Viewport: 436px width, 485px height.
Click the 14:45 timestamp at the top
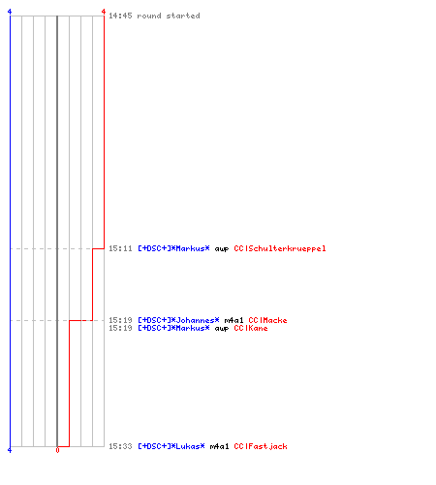click(x=120, y=16)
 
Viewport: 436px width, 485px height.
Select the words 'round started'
click(x=169, y=16)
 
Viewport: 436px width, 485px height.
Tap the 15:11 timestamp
click(x=120, y=248)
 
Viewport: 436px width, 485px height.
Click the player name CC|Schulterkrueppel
click(x=280, y=248)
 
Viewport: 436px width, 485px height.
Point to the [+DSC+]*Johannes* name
click(x=178, y=320)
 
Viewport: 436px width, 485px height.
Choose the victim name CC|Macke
click(x=267, y=320)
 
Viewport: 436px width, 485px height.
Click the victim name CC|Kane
click(x=251, y=328)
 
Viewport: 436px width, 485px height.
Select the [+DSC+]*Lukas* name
click(x=171, y=446)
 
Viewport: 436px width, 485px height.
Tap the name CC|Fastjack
click(x=261, y=446)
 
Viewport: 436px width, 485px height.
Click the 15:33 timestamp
click(x=120, y=446)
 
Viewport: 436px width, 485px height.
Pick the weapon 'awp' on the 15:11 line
click(x=222, y=249)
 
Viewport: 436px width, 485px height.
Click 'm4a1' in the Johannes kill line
click(x=234, y=320)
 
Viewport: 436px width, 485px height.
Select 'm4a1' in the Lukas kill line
click(x=219, y=446)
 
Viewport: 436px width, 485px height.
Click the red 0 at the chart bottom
click(x=57, y=450)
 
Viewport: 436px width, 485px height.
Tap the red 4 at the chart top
click(x=104, y=12)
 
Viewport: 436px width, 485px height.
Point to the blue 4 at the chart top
click(x=10, y=12)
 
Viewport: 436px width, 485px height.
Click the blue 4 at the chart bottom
click(x=10, y=450)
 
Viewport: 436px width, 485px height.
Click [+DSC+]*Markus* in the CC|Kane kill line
click(x=173, y=328)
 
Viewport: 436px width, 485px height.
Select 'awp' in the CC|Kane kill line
click(x=222, y=329)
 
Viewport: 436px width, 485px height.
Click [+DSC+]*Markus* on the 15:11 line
click(x=173, y=248)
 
